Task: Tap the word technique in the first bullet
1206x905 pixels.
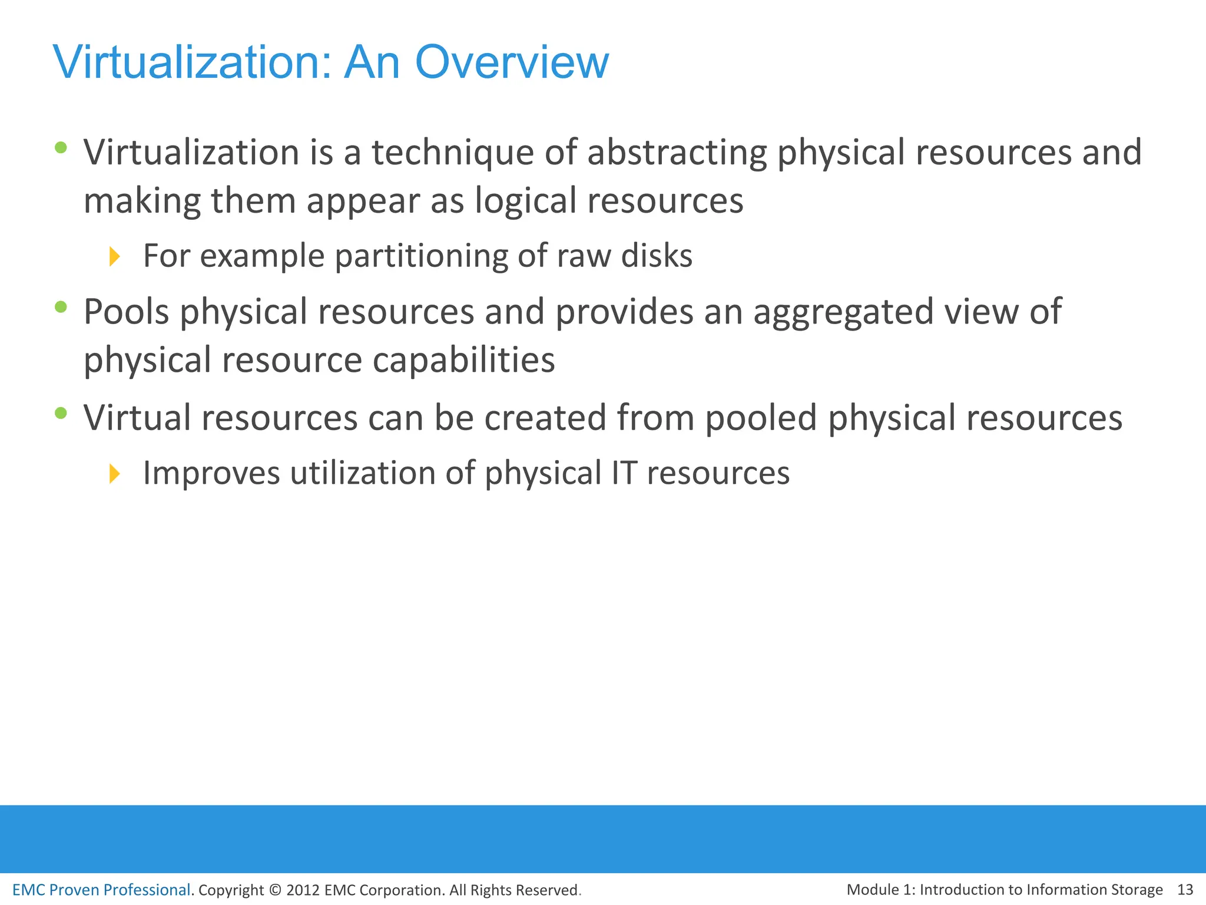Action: coord(452,153)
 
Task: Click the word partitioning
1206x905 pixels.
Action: coord(421,256)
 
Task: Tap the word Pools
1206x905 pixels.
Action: coord(126,312)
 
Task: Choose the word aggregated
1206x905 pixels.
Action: coord(843,312)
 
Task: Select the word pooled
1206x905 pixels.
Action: coord(761,418)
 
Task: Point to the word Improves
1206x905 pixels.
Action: coord(211,473)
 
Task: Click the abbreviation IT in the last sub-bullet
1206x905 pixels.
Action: coord(624,473)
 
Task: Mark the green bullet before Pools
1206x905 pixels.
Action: coord(61,306)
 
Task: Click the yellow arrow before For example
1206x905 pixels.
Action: coord(115,256)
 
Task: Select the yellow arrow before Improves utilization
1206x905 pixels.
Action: coord(115,473)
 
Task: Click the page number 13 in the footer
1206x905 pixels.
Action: coord(1185,889)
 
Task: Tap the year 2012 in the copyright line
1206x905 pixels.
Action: coord(303,890)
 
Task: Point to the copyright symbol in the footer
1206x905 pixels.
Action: coord(274,890)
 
